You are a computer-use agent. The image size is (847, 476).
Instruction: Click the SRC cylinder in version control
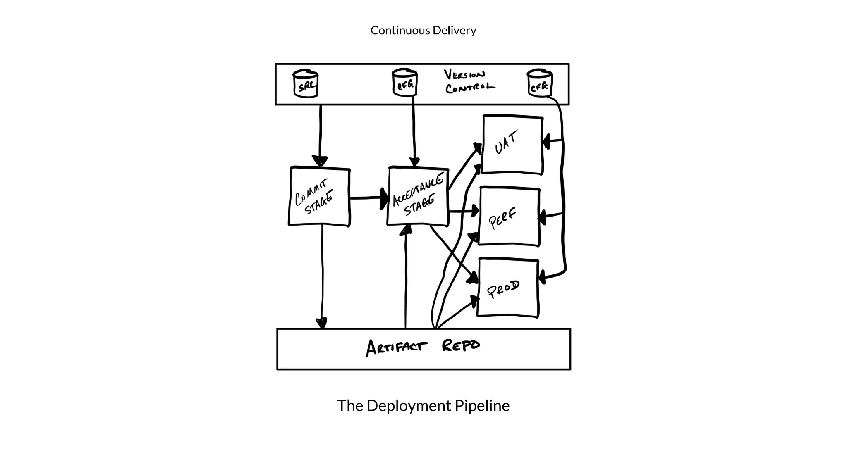click(306, 84)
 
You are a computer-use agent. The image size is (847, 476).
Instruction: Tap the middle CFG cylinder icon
click(404, 83)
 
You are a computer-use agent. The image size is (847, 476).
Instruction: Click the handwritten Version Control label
click(469, 81)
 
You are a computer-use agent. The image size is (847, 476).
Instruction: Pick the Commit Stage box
click(319, 197)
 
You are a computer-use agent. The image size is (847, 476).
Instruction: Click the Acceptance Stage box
click(418, 197)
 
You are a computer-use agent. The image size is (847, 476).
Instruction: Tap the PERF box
click(509, 216)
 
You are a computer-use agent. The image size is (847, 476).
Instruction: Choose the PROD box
click(508, 288)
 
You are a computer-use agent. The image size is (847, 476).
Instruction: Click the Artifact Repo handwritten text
click(423, 347)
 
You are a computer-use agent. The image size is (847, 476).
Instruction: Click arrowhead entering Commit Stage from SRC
click(320, 161)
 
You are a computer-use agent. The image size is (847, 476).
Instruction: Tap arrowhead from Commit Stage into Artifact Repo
click(321, 323)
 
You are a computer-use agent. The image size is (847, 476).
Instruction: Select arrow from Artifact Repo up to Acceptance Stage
click(406, 281)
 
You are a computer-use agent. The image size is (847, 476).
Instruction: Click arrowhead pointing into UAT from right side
click(546, 142)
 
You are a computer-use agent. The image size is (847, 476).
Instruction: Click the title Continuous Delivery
click(423, 31)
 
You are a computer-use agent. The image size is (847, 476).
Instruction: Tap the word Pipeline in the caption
click(482, 406)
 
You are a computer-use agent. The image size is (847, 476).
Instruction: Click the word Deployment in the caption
click(409, 406)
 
